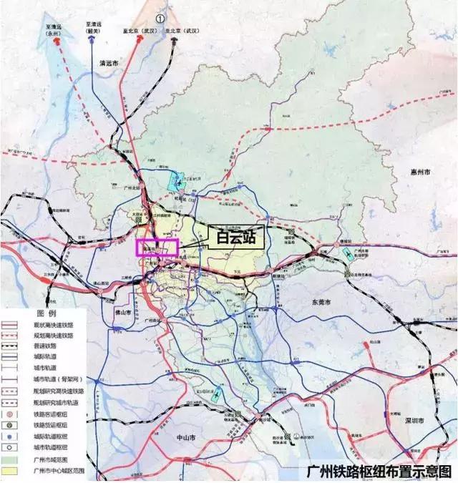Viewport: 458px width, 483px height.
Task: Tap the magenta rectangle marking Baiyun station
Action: point(157,247)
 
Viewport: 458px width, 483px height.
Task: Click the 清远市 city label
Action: point(113,63)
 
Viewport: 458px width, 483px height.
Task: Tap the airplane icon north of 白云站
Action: point(179,180)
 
